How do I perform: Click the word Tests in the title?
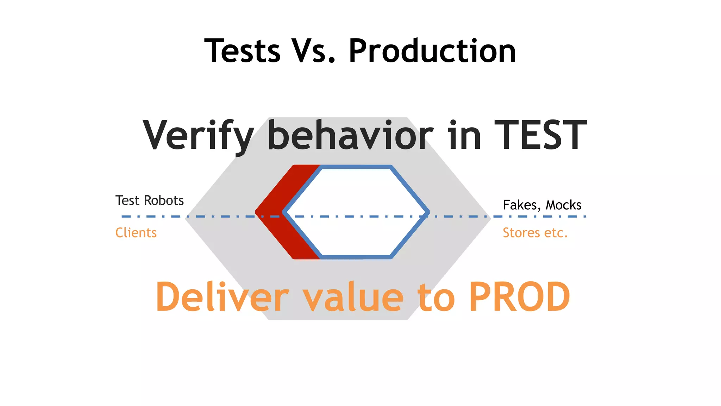point(242,51)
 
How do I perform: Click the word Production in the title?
point(432,51)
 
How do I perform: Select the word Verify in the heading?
point(198,136)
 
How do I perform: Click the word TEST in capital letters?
point(541,136)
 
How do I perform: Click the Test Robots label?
point(150,201)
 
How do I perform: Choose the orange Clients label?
point(136,233)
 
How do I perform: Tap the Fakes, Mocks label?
point(542,205)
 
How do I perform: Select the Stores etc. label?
point(535,233)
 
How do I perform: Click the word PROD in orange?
point(520,297)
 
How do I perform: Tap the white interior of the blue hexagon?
point(356,197)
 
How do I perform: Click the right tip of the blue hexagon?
point(427,213)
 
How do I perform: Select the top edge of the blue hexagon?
point(356,167)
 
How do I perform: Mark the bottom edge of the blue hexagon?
point(356,257)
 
